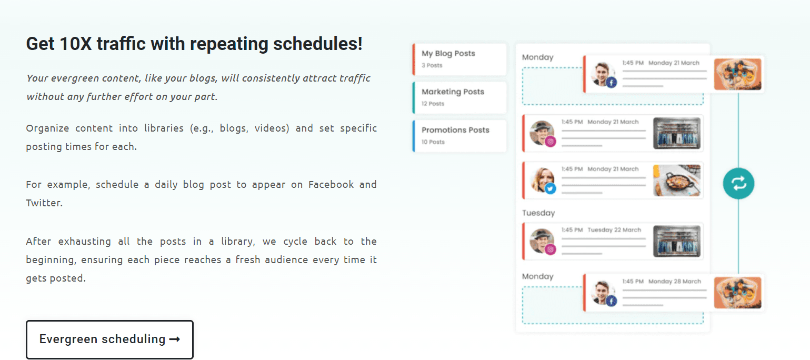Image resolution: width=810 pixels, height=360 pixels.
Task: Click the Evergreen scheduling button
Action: tap(109, 339)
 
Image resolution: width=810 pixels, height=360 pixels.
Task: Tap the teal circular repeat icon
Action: tap(738, 184)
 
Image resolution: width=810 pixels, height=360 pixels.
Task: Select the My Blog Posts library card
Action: tap(459, 59)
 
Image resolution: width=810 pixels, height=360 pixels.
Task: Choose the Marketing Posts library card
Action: tap(459, 97)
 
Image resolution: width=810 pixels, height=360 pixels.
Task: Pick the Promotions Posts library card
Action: tap(459, 136)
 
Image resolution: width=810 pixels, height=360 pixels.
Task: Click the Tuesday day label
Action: tap(538, 213)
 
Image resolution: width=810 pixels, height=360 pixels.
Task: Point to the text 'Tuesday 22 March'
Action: tap(614, 230)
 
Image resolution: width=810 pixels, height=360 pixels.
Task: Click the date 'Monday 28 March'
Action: tap(674, 281)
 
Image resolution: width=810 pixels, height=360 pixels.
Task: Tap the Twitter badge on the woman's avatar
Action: tap(551, 188)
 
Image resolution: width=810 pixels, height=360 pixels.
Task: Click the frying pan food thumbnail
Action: tap(676, 181)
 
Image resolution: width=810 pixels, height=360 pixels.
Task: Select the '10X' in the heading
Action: tap(76, 44)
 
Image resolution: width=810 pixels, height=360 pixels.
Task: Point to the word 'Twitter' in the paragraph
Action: tap(44, 203)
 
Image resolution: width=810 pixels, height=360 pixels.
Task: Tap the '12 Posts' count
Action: tap(433, 104)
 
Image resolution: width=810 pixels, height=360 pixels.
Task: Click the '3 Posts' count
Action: tap(432, 65)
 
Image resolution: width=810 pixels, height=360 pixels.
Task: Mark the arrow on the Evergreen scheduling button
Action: tap(175, 339)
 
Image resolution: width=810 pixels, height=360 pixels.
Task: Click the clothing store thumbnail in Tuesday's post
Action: tap(676, 242)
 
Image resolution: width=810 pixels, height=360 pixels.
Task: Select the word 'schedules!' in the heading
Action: tap(317, 44)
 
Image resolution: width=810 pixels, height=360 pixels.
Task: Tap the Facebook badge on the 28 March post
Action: tap(611, 301)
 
